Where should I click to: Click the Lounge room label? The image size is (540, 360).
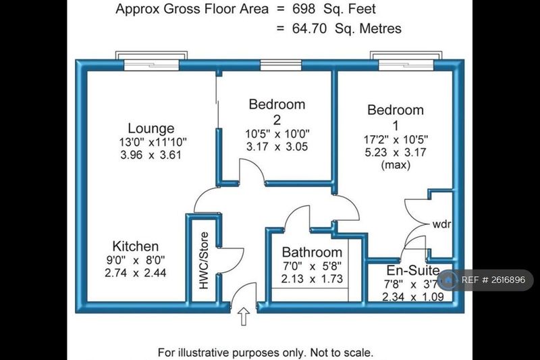click(151, 128)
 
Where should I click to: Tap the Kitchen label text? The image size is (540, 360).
click(136, 247)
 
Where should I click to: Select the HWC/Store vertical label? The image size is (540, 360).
click(204, 261)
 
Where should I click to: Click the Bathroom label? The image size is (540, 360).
click(312, 252)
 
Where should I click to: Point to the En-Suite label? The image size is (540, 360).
click(413, 270)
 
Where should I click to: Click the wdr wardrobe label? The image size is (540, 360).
click(442, 224)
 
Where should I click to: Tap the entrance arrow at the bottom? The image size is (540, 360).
click(244, 316)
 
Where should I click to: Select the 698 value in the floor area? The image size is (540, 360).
click(304, 9)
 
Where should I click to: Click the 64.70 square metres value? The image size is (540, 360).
click(309, 28)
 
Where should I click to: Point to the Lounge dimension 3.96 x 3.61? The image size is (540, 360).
click(151, 155)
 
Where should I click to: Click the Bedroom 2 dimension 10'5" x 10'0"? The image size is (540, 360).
click(277, 133)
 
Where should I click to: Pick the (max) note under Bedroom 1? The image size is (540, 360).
click(396, 165)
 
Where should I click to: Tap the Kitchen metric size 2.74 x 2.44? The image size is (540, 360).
click(136, 273)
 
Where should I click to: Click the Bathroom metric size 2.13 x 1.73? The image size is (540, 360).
click(312, 279)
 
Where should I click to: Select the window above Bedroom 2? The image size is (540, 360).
click(281, 65)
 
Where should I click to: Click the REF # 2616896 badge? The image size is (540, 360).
click(485, 280)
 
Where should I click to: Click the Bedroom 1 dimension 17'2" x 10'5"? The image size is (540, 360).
click(396, 140)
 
